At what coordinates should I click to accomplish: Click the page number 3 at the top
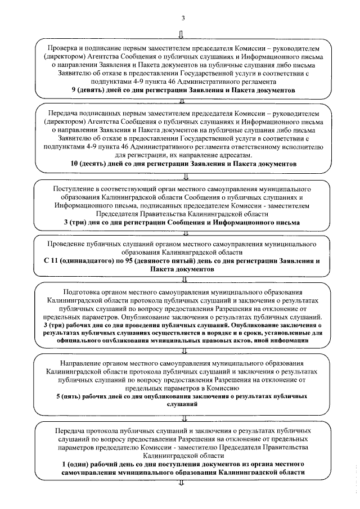pos(182,17)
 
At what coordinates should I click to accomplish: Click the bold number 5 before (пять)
pos(58,396)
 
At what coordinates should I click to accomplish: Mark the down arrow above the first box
pos(180,34)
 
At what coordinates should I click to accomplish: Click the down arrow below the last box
pos(181,482)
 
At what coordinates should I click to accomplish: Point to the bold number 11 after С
pos(53,262)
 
